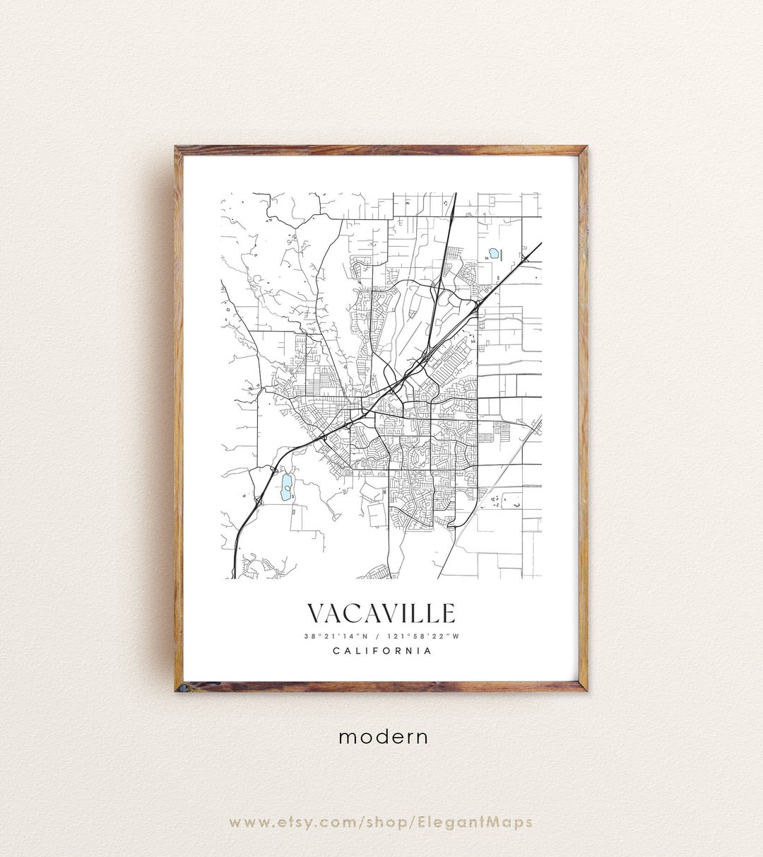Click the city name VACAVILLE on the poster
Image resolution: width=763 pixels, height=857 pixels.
[381, 614]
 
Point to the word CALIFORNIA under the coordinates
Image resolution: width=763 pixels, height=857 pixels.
[381, 651]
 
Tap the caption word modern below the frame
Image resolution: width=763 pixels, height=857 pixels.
[383, 737]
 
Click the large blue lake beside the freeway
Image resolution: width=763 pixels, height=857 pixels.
[285, 488]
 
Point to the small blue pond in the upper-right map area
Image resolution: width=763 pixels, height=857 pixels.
[493, 252]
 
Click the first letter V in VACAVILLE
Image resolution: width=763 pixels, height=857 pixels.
[316, 614]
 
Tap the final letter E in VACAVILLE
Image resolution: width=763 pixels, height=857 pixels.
[449, 614]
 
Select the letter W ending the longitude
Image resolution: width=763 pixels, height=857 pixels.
[456, 636]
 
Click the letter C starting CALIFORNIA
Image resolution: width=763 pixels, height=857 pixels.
[336, 651]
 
